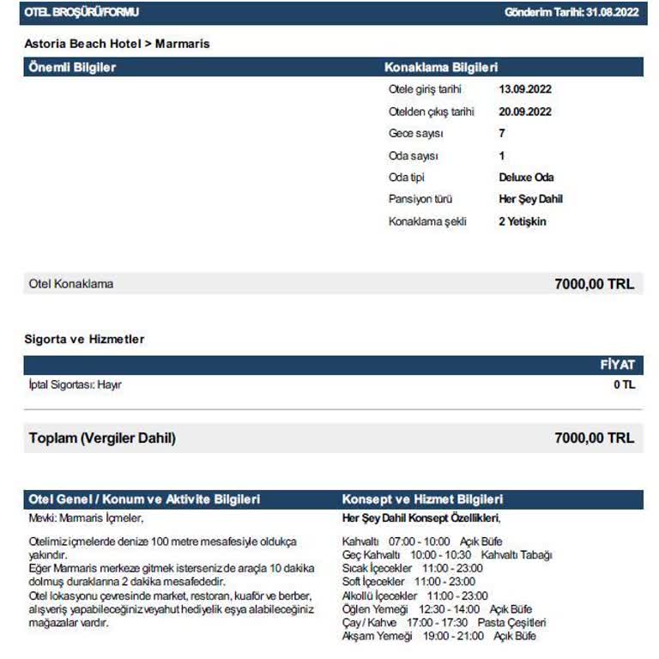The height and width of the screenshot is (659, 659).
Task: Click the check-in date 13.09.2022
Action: (x=525, y=89)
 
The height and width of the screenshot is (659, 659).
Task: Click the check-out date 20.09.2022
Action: (x=525, y=112)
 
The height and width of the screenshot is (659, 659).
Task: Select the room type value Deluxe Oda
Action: (x=526, y=178)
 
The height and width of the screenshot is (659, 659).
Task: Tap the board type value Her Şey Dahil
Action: (x=530, y=199)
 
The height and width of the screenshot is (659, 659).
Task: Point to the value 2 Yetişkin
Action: (x=522, y=221)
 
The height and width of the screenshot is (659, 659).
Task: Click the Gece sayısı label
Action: (x=416, y=134)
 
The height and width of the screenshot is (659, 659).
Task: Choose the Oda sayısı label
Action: (x=414, y=156)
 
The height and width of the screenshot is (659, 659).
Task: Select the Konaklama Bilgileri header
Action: (x=440, y=67)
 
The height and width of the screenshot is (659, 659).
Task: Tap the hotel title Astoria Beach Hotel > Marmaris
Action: (x=117, y=43)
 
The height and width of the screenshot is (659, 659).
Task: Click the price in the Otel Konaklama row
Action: (x=594, y=284)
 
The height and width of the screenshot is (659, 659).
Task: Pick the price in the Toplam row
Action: (x=594, y=438)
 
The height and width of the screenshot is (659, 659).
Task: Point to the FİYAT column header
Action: (x=618, y=366)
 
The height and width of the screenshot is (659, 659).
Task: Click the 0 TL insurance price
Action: (x=624, y=385)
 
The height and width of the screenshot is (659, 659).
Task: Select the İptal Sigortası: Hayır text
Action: (x=76, y=385)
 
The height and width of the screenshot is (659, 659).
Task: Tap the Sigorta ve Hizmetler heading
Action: (x=84, y=340)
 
